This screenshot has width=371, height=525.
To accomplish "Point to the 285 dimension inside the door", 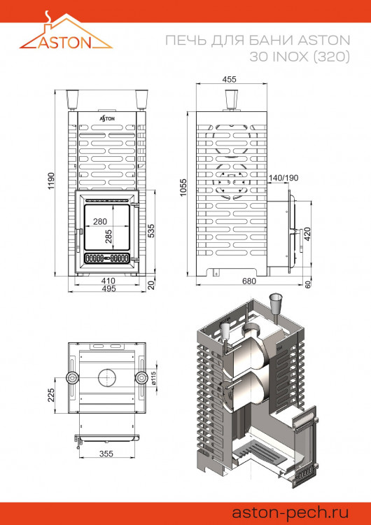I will point(108,237).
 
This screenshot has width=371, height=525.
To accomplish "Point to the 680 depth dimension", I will point(248,281).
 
